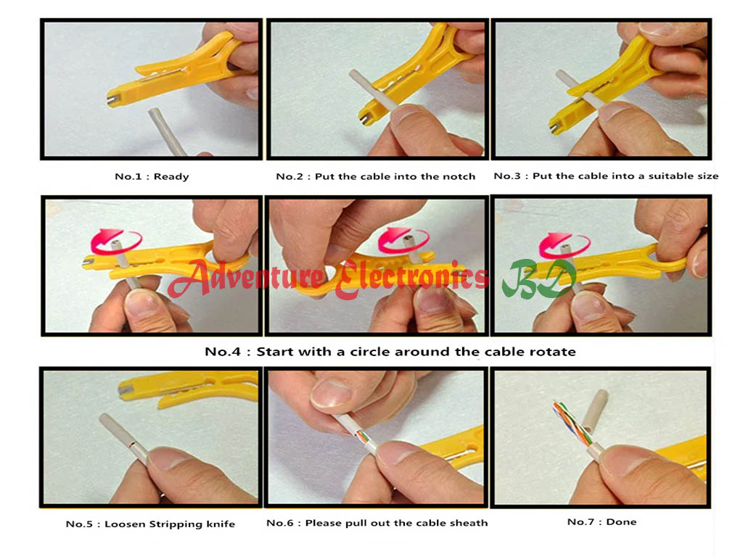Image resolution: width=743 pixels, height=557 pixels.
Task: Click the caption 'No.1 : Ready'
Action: tap(152, 176)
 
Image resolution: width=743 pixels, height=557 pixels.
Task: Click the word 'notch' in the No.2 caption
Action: tap(459, 176)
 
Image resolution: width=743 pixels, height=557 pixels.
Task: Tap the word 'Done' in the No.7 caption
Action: tap(623, 521)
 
